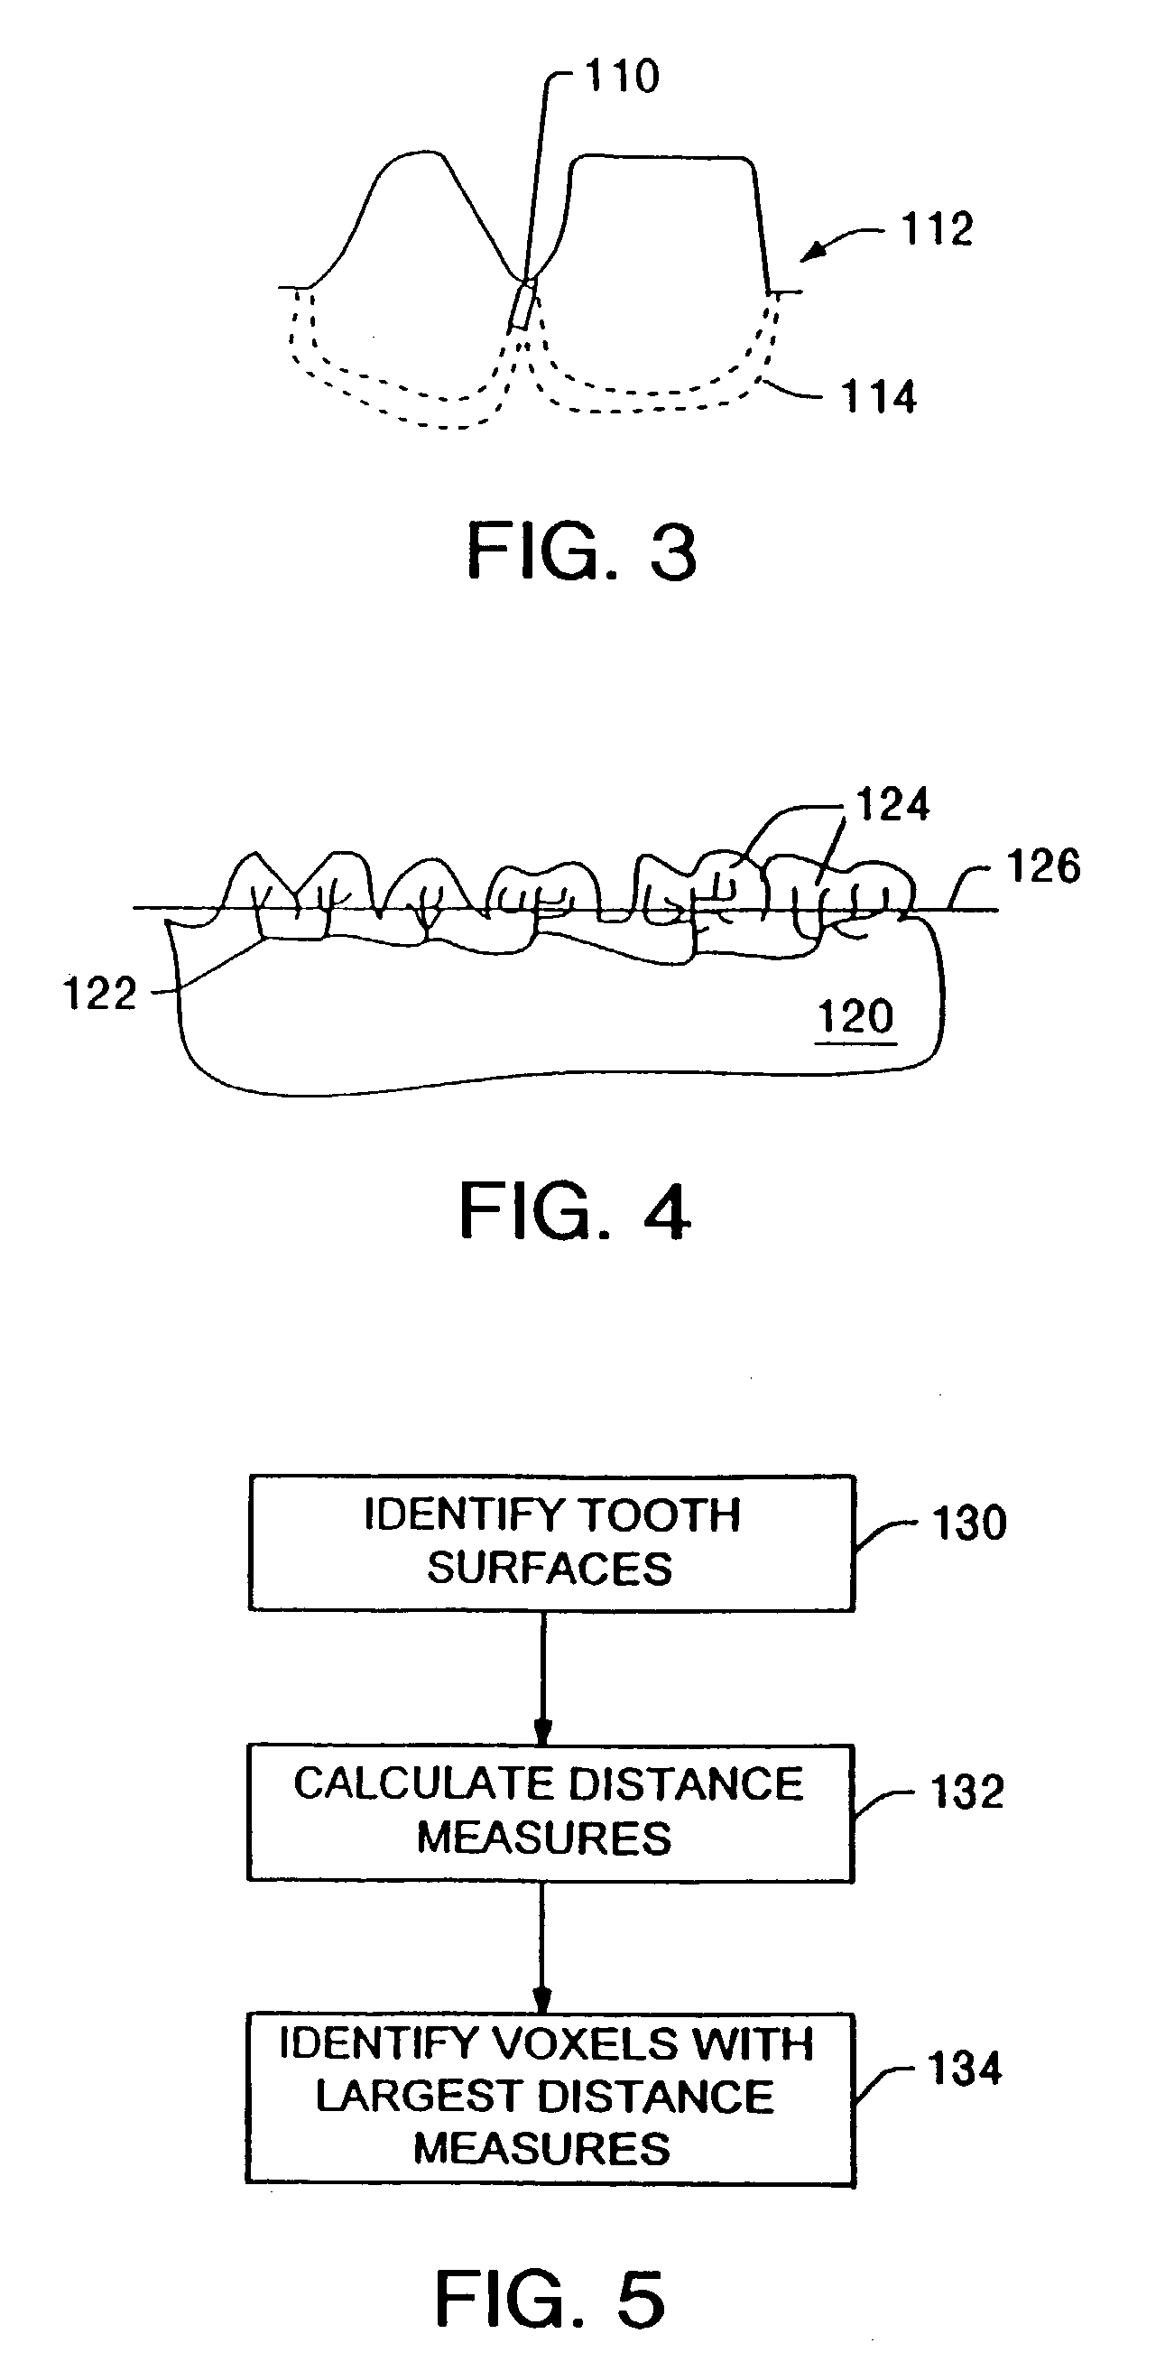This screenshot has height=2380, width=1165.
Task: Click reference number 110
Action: (622, 76)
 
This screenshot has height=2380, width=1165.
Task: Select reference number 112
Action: (937, 229)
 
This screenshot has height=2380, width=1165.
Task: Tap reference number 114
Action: (879, 397)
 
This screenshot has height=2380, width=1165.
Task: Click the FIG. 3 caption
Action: (581, 551)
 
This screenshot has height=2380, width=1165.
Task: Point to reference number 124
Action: (892, 805)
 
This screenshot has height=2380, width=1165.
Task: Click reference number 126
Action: (1043, 867)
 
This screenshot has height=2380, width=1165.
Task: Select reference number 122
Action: (99, 994)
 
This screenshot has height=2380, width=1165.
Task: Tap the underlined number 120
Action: (855, 1017)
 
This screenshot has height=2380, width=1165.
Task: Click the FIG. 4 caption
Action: (575, 1211)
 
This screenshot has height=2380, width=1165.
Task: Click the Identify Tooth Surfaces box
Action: (551, 1542)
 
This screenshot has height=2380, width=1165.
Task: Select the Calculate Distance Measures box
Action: (550, 1811)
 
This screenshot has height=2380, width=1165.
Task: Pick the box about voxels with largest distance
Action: (550, 2098)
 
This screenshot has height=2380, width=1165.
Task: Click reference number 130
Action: (968, 1523)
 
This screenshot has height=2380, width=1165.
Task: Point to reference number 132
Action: (966, 1792)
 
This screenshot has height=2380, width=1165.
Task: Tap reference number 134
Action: (965, 2070)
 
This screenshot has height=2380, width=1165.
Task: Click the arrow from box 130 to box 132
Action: (543, 1677)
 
